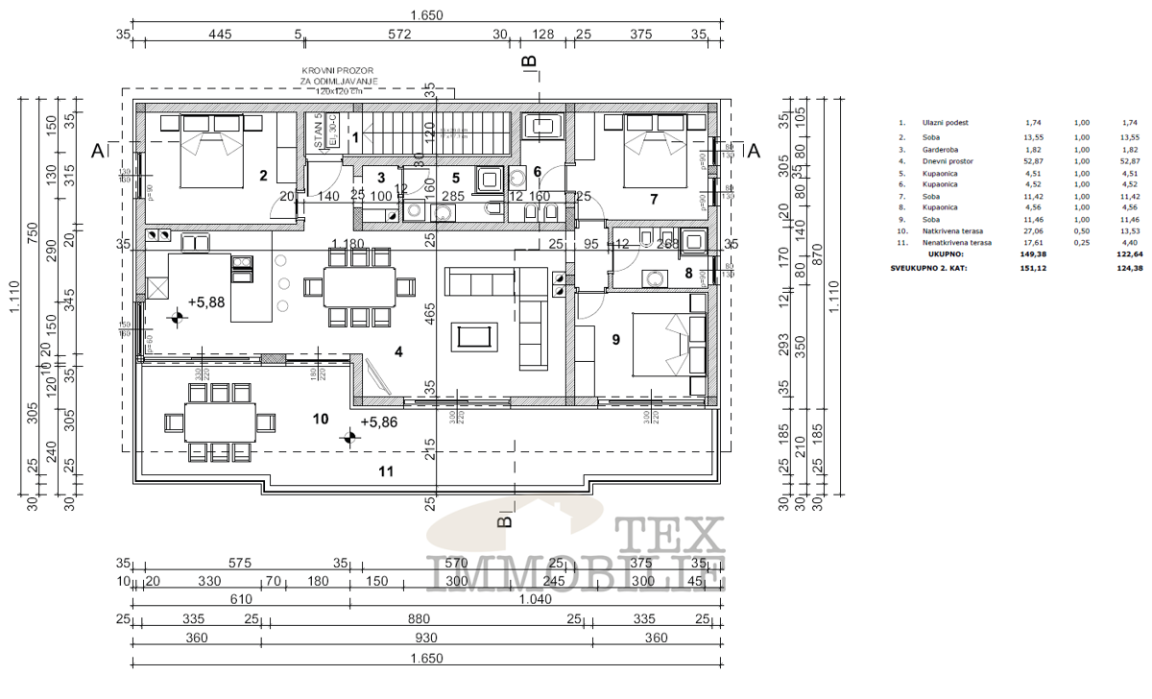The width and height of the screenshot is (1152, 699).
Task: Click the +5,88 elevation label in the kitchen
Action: pyautogui.click(x=206, y=301)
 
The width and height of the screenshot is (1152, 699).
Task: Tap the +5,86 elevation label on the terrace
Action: pyautogui.click(x=379, y=422)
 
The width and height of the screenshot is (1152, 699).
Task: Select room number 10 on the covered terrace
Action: pyautogui.click(x=322, y=419)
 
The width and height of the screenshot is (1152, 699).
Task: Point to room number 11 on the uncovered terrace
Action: pyautogui.click(x=385, y=470)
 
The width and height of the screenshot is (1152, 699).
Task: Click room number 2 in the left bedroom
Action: pyautogui.click(x=261, y=175)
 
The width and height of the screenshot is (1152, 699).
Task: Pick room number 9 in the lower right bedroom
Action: pyautogui.click(x=616, y=338)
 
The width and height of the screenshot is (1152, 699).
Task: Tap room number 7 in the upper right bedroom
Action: pyautogui.click(x=653, y=199)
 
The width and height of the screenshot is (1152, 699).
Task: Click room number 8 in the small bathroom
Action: pyautogui.click(x=688, y=272)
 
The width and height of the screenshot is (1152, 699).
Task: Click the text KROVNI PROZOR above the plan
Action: pyautogui.click(x=330, y=71)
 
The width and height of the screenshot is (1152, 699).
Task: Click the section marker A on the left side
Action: pyautogui.click(x=97, y=150)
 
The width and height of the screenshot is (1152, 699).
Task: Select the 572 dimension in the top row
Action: pyautogui.click(x=399, y=34)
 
